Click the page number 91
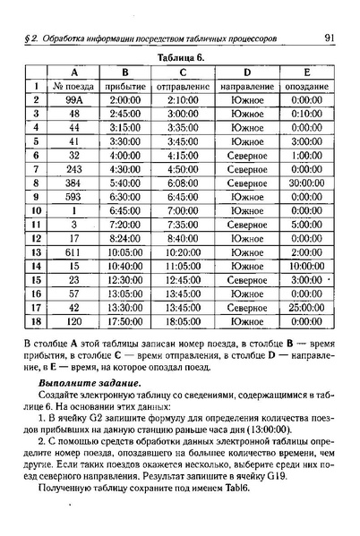330,38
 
